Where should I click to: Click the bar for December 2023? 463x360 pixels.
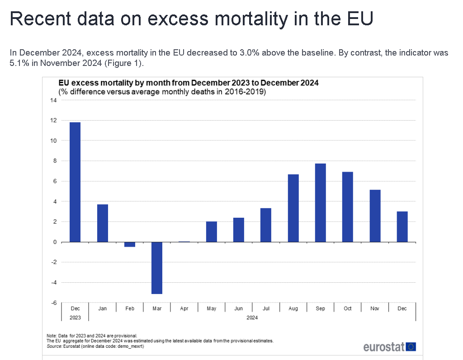click(x=75, y=182)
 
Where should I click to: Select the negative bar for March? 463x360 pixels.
click(x=157, y=268)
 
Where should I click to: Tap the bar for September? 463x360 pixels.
click(x=320, y=203)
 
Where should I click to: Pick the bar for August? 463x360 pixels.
click(x=293, y=208)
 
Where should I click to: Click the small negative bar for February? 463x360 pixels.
click(x=130, y=244)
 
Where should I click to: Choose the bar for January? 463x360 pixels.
click(x=103, y=223)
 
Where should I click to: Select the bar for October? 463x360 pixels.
click(x=348, y=207)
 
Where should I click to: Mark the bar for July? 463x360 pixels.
click(x=266, y=225)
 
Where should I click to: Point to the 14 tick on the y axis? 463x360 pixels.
click(x=53, y=100)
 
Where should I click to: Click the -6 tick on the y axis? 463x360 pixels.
click(x=53, y=303)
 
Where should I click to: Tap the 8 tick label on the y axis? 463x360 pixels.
click(x=55, y=161)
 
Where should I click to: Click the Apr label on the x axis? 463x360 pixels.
click(x=184, y=309)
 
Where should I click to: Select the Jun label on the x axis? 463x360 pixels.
click(x=238, y=309)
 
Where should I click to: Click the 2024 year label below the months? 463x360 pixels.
click(x=252, y=318)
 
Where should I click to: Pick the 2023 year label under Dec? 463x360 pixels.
click(x=75, y=318)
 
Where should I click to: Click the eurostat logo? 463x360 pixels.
click(x=389, y=347)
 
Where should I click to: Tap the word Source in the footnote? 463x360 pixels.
click(x=54, y=346)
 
